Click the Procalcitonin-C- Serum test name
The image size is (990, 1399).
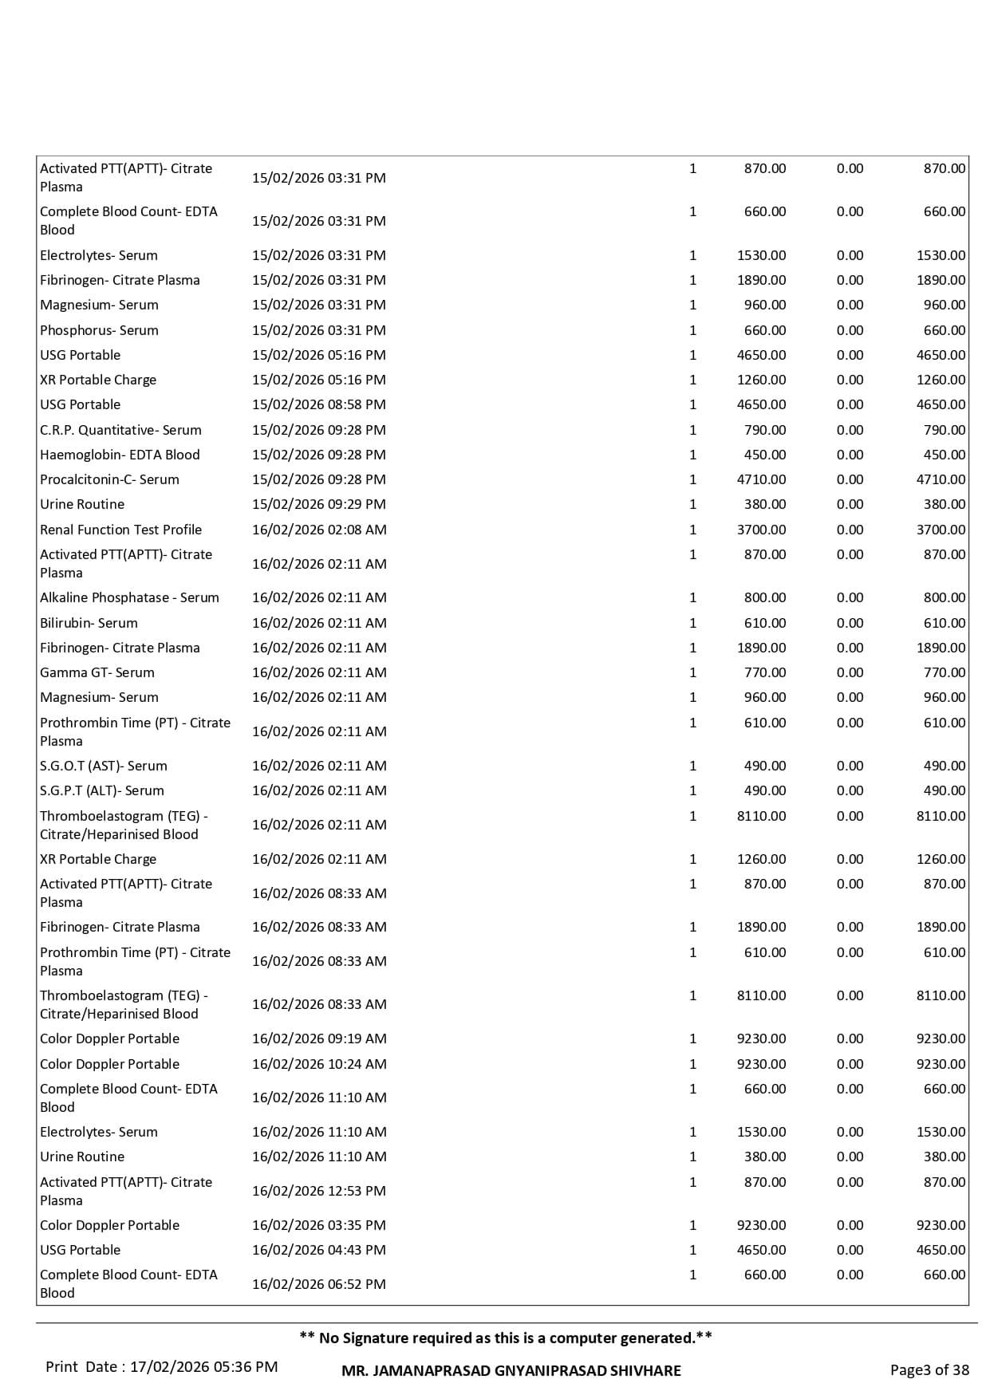109,479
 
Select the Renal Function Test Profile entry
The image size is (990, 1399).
120,530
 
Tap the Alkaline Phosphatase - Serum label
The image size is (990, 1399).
129,597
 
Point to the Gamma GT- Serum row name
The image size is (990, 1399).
97,672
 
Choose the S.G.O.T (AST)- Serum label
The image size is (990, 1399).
104,766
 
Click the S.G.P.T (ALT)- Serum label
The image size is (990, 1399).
102,790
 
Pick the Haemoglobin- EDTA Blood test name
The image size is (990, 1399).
120,455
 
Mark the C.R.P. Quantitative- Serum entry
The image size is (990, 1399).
120,430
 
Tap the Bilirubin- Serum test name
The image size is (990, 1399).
89,623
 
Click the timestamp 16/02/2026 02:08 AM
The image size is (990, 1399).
319,530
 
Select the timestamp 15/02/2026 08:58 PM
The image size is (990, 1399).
319,404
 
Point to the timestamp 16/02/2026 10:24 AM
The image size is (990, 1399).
319,1064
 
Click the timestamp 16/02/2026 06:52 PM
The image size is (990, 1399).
319,1284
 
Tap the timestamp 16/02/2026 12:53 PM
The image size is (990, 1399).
319,1191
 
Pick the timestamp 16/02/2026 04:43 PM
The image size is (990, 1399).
319,1250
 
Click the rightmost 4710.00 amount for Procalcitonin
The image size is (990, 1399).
941,479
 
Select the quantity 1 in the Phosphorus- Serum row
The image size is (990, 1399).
692,330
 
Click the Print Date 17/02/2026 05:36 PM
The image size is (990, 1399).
162,1367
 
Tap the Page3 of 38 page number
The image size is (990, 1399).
929,1370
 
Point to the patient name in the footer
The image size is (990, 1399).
511,1371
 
